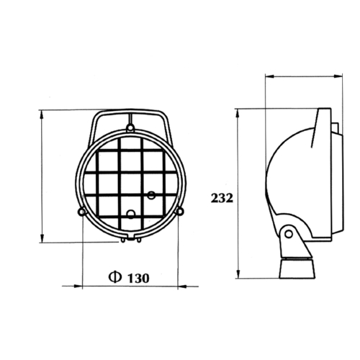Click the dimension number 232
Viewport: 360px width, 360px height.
coord(222,198)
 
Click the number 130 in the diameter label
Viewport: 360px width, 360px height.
coord(138,278)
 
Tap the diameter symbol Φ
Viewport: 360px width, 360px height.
coord(115,277)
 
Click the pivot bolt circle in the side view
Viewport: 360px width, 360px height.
coord(289,233)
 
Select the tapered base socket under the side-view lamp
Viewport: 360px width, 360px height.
coord(297,268)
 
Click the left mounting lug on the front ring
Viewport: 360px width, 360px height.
coord(82,212)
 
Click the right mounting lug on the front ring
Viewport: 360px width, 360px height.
coord(180,211)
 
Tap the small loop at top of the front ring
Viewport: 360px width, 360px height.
coord(130,127)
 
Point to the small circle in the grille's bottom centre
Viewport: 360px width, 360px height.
coord(131,214)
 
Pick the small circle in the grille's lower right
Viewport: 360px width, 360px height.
coord(151,195)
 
